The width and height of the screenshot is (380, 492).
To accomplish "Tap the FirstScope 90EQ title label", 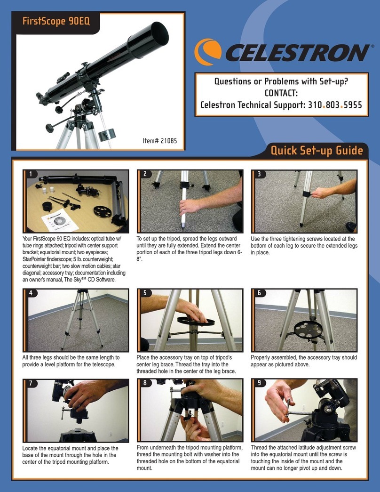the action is point(56,21).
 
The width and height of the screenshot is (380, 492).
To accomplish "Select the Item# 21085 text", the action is point(159,141).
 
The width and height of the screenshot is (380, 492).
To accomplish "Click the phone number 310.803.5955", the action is point(335,105).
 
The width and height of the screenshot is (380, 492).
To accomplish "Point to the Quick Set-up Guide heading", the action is point(317,150).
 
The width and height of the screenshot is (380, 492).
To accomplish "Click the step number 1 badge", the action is point(31,174).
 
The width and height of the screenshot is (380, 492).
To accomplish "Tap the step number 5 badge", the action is point(145,293).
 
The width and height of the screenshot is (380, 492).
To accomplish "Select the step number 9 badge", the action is point(259,383).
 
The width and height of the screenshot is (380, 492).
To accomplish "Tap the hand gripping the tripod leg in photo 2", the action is point(190,208).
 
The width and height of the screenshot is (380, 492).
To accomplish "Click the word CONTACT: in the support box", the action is point(281,93).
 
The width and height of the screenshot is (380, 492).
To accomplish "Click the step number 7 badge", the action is point(31,383).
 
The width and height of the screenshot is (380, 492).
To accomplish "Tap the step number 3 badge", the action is point(259,174).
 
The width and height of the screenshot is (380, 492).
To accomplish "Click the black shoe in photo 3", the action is point(351,226).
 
